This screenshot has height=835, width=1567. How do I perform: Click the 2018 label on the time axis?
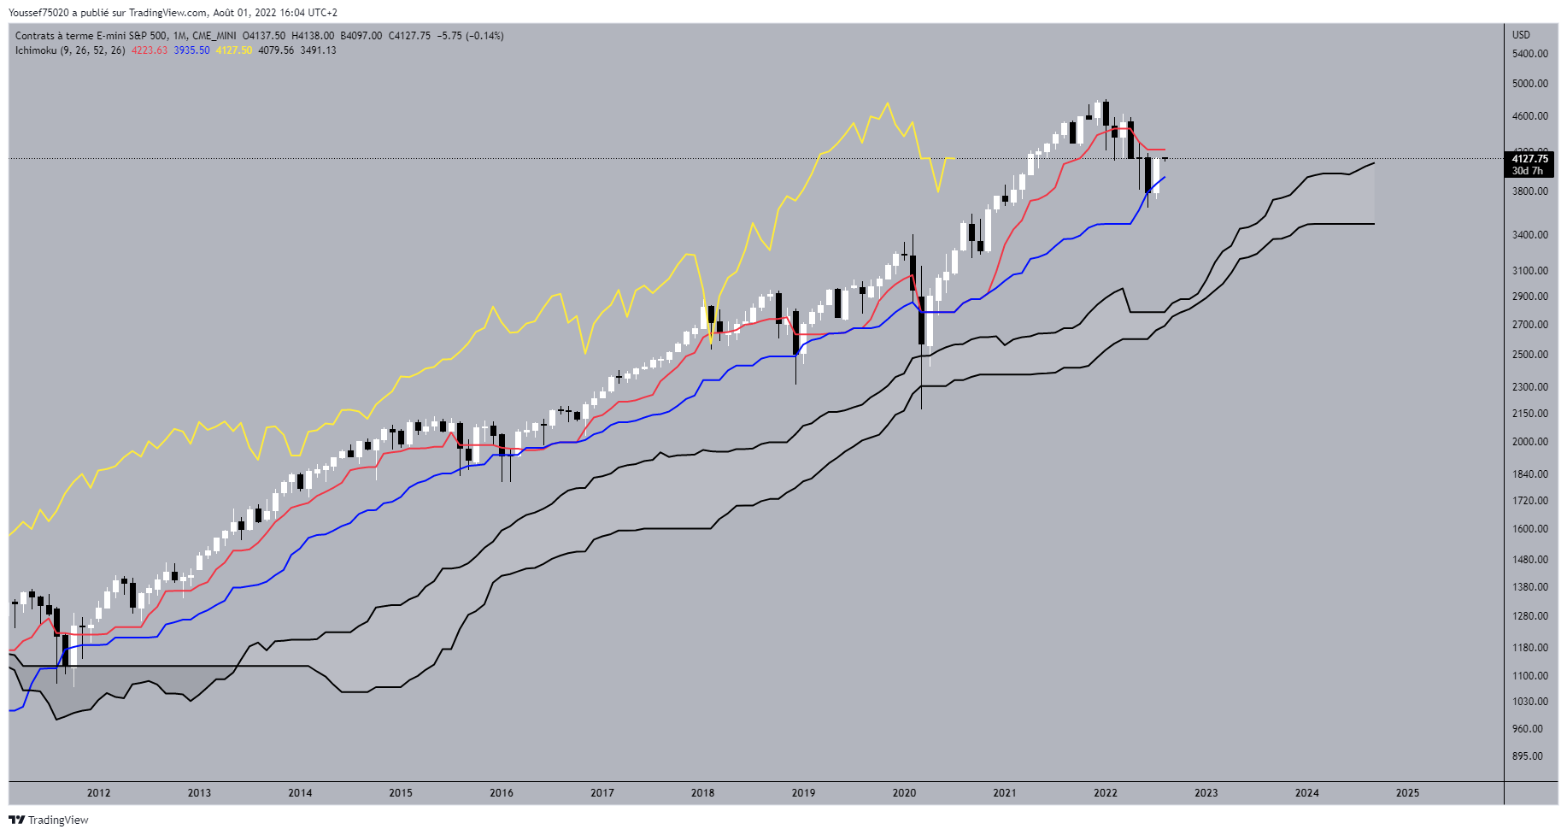coord(702,792)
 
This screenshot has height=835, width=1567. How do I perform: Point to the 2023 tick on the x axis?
coord(1206,792)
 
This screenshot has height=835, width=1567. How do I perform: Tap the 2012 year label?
coord(98,792)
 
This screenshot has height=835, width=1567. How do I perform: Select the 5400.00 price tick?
coord(1529,54)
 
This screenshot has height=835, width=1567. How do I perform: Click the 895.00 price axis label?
coord(1528,756)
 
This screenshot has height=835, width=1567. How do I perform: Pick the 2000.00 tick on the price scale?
coord(1529,442)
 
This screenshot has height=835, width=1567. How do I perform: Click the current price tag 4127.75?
coord(1529,159)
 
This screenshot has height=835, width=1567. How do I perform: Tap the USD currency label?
coord(1521,35)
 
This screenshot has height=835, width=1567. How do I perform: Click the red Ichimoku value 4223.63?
coord(149,50)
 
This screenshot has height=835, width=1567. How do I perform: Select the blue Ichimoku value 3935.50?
coord(191,50)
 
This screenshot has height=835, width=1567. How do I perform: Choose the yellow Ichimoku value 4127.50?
coord(233,50)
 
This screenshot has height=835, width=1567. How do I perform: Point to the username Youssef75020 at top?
coord(39,13)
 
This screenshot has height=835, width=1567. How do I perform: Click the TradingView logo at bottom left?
coord(49,820)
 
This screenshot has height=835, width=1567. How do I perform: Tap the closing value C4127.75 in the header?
coord(409,36)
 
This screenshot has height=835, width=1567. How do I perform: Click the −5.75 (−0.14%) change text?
coord(470,36)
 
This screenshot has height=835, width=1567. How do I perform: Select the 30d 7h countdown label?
coord(1528,171)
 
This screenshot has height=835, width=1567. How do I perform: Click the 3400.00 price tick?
coord(1529,235)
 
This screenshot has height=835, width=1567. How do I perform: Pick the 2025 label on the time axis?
coord(1407,792)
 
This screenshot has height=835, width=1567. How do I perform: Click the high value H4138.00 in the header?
coord(313,36)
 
